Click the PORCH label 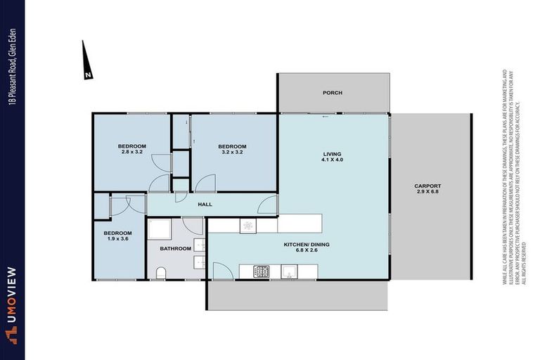[332, 93]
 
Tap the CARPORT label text [427, 186]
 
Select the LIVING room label [332, 154]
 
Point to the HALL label [205, 205]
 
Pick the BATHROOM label [175, 248]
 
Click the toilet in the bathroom [160, 273]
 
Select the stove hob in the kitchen [262, 271]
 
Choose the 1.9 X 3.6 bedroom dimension [117, 239]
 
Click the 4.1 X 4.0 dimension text [332, 160]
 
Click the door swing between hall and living [267, 206]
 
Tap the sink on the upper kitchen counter [247, 225]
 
